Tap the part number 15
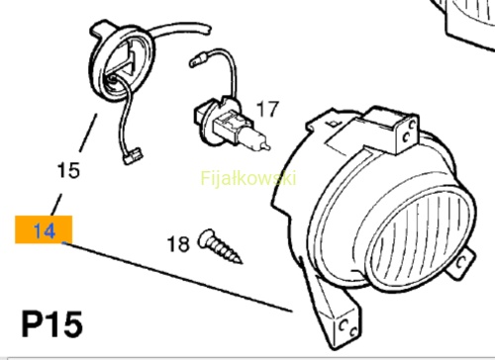pos(68,170)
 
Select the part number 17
pos(267,109)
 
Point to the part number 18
pos(178,244)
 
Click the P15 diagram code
pos(52,323)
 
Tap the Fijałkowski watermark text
pos(248,178)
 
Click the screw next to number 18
pos(220,245)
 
